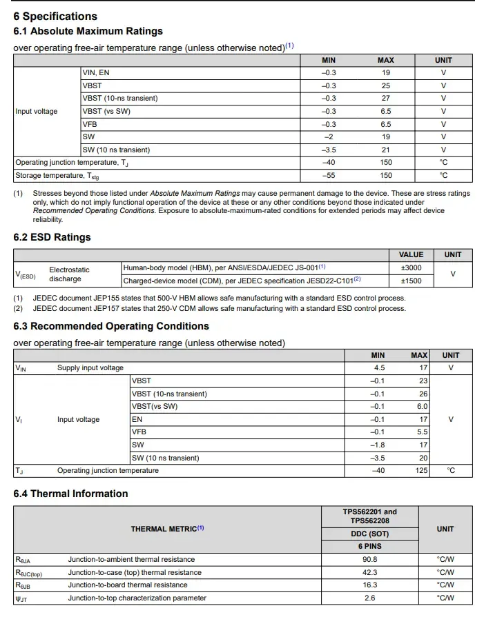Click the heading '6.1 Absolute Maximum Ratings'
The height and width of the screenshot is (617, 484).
click(88, 31)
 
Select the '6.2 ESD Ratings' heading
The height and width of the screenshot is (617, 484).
click(52, 237)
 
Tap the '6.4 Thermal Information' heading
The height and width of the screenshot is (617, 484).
click(70, 494)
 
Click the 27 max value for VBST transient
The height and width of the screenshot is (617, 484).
click(385, 99)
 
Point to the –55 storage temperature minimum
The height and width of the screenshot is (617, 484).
click(329, 175)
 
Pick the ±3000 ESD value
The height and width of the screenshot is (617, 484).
click(411, 267)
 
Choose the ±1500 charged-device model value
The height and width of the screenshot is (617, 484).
click(411, 281)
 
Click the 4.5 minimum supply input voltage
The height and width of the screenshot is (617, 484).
click(378, 368)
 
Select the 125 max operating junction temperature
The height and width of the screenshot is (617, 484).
click(419, 471)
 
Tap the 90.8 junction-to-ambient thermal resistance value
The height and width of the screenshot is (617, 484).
click(369, 559)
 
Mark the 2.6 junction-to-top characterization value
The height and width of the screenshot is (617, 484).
click(369, 598)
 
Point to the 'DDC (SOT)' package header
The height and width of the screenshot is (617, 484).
click(369, 534)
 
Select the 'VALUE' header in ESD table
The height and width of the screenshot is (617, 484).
click(411, 254)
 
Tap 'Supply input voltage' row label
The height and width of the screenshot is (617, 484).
click(90, 368)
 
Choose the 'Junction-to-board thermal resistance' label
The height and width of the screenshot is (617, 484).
click(128, 585)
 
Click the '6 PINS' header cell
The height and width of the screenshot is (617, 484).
click(369, 546)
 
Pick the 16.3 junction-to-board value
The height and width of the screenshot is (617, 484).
click(369, 585)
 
